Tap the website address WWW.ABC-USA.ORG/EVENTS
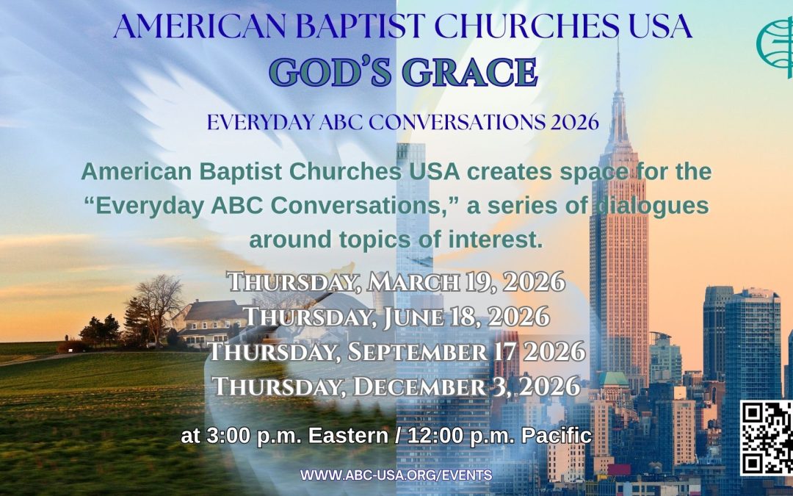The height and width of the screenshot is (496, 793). click(x=396, y=475)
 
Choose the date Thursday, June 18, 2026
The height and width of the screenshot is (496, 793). click(x=396, y=316)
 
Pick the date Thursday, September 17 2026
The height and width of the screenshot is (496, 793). click(x=396, y=351)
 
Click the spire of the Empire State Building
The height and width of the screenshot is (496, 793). click(x=618, y=62)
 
